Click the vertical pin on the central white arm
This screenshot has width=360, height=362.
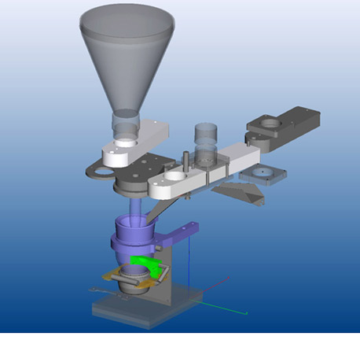coord(183,161)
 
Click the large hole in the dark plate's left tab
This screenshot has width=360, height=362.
coord(96,172)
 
